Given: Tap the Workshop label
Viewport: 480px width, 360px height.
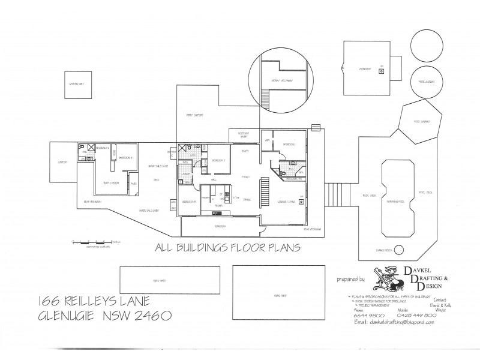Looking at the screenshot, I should pyautogui.click(x=366, y=70).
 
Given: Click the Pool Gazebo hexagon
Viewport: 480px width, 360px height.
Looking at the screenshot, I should pyautogui.click(x=424, y=122).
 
